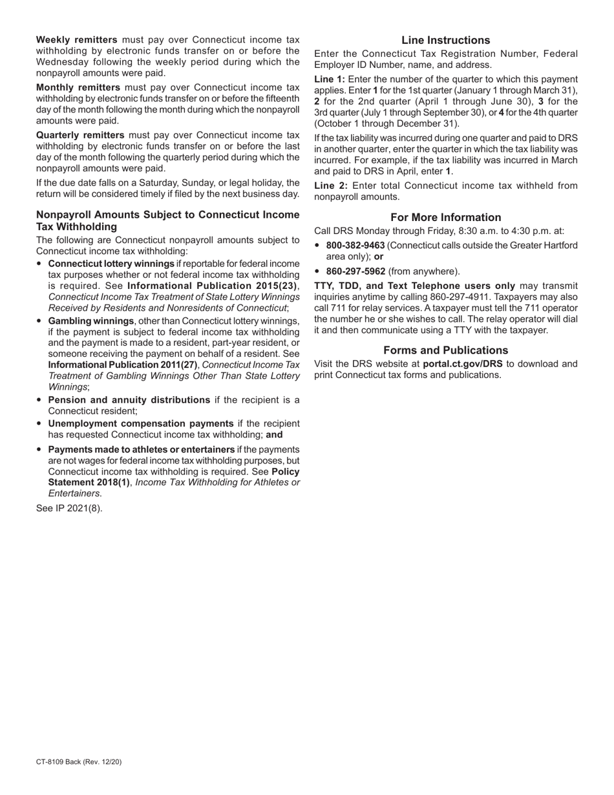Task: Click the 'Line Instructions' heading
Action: [x=445, y=40]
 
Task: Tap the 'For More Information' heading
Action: [x=445, y=217]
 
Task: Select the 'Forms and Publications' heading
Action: [x=445, y=350]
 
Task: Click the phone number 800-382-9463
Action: [x=355, y=246]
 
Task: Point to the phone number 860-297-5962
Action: [x=355, y=271]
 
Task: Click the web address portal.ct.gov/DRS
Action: [x=462, y=364]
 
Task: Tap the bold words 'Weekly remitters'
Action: [x=77, y=40]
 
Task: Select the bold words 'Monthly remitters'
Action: [x=78, y=87]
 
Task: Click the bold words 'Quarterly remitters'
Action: [x=80, y=135]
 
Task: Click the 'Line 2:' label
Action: [x=330, y=186]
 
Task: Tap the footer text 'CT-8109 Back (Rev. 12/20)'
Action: [x=78, y=762]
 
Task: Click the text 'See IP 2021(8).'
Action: [x=69, y=508]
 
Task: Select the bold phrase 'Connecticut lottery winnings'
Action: [x=111, y=264]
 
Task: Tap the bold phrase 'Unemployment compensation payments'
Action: [x=140, y=424]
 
